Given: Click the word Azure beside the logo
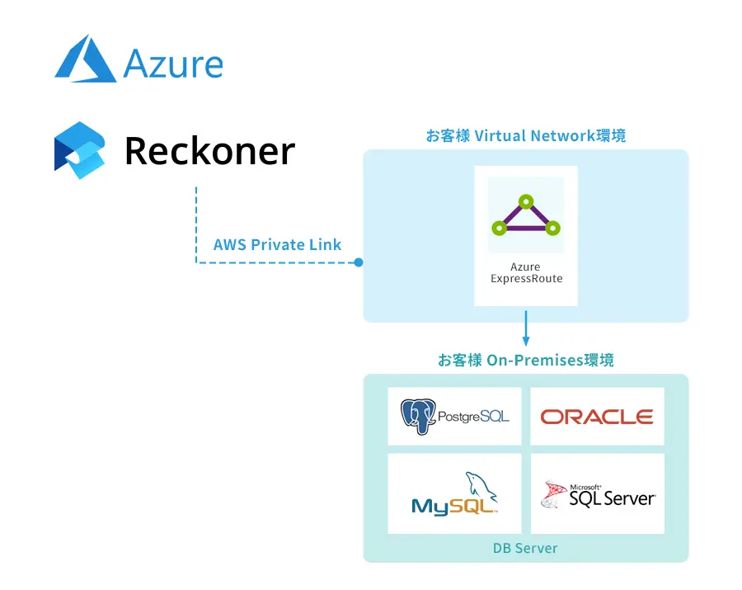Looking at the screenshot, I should click(173, 64).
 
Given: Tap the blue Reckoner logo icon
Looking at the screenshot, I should click(80, 150).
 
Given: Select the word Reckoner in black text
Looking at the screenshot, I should click(209, 151).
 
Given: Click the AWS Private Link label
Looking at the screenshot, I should click(277, 244).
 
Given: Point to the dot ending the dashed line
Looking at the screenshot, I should click(359, 262).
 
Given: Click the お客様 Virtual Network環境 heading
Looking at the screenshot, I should click(525, 135).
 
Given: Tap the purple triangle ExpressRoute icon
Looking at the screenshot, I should click(525, 216).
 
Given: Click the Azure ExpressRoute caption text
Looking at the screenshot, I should click(525, 273).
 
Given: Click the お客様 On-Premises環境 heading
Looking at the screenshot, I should click(525, 361).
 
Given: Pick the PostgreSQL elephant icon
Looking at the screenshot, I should click(418, 417).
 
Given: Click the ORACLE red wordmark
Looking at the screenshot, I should click(597, 417).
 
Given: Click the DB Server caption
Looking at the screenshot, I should click(525, 548).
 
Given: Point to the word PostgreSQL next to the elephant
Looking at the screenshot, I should click(472, 417).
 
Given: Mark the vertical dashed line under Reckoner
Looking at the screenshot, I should click(196, 223).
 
